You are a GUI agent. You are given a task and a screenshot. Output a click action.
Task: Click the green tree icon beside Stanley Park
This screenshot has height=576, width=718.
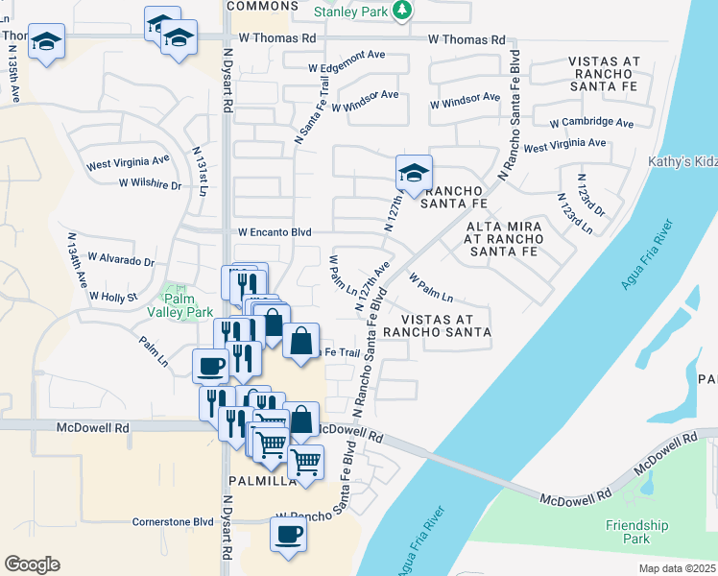click(403, 11)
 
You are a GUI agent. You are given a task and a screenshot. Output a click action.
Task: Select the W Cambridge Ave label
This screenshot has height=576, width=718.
click(591, 123)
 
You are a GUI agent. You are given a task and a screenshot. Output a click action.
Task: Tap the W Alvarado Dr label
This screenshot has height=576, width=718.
click(121, 259)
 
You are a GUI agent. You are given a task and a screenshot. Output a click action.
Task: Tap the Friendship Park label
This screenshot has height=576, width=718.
click(636, 532)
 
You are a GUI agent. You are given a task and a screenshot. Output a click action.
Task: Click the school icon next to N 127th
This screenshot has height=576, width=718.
click(414, 174)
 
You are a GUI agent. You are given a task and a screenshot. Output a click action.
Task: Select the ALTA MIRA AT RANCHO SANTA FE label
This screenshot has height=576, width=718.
click(503, 239)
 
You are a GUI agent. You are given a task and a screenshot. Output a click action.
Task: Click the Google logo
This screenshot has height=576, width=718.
click(33, 564)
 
